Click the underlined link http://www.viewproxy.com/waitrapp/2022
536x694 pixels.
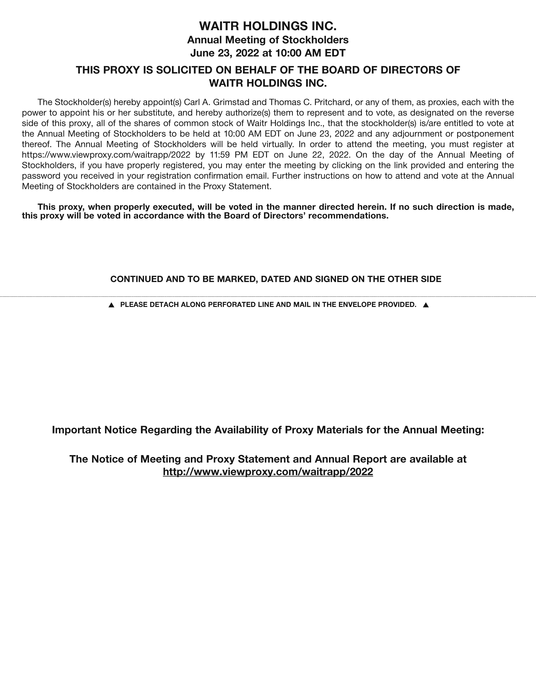tap(268, 472)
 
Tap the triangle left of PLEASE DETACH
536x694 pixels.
tap(111, 305)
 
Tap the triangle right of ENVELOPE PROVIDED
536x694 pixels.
tap(426, 305)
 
